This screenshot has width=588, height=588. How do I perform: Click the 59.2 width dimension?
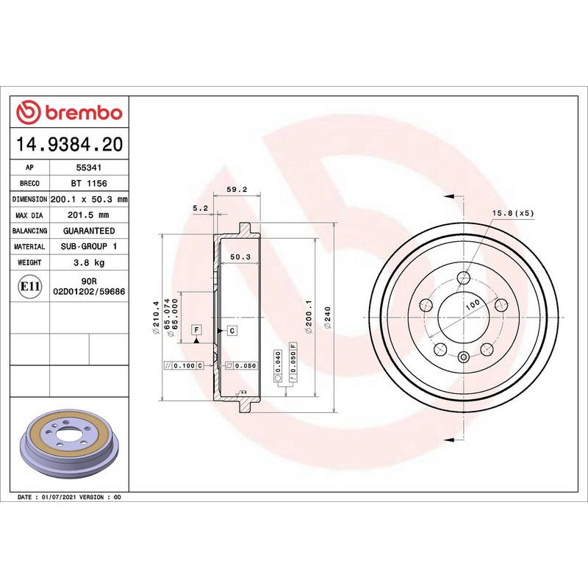(x=236, y=190)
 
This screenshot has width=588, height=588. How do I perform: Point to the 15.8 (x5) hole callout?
(x=512, y=213)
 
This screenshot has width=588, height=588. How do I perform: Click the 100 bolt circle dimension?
(x=471, y=304)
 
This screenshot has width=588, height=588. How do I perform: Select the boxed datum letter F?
(x=196, y=330)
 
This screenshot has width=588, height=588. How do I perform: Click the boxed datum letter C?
(x=232, y=331)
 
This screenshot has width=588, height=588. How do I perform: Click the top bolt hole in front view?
(x=463, y=278)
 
